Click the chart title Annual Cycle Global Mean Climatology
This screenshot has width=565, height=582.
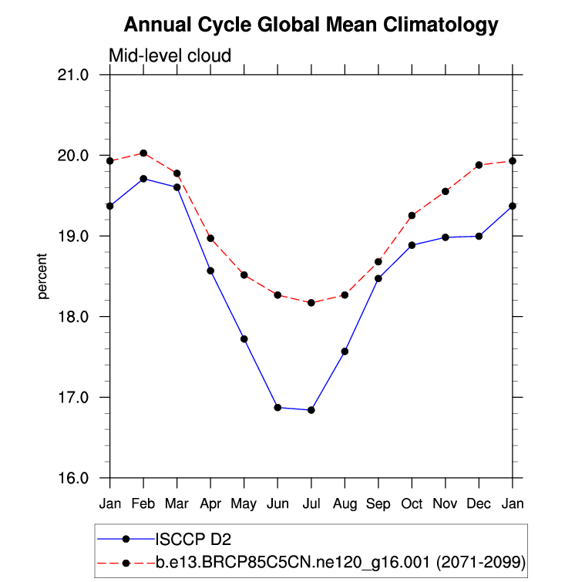tap(311, 25)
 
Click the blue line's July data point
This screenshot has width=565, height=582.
tap(311, 410)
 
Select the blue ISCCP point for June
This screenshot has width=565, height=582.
tap(277, 408)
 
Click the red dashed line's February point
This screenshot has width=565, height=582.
tap(143, 153)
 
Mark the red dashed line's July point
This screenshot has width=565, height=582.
tap(311, 303)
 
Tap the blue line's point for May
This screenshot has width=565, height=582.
tap(244, 339)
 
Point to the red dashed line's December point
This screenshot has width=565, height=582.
tap(479, 165)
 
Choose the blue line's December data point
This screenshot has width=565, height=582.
tap(479, 236)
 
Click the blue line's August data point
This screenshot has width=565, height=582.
tap(345, 352)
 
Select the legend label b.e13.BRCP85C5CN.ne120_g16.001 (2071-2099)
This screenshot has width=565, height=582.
tap(340, 563)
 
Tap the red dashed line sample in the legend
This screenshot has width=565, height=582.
tap(126, 563)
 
